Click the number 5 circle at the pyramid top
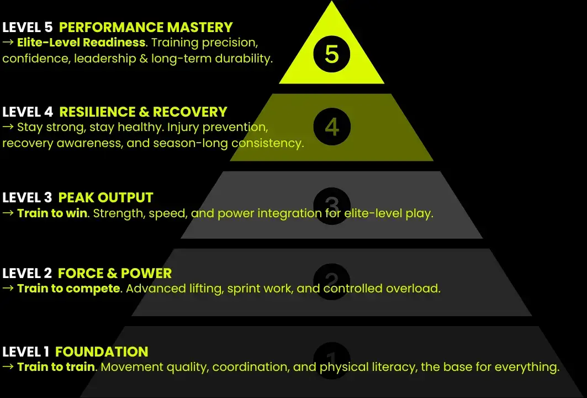331,54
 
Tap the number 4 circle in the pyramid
331,127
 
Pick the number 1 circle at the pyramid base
331,359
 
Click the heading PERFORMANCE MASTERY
146,27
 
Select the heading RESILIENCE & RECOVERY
143,112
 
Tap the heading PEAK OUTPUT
105,197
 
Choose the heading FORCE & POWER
114,273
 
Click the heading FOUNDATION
102,352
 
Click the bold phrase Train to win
52,213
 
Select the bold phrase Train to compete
68,288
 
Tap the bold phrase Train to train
56,366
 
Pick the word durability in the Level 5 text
244,58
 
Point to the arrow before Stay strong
8,127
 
